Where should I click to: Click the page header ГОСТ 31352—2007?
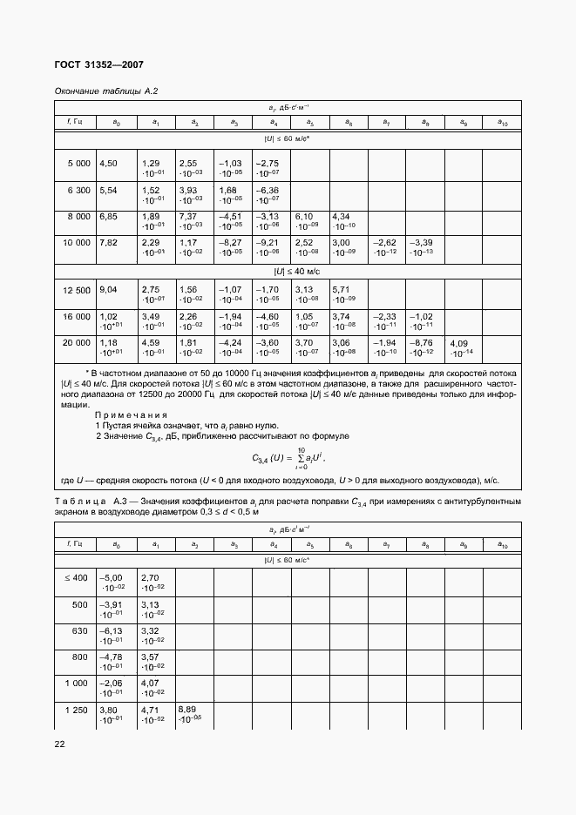coord(98,65)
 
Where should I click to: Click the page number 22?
coord(60,744)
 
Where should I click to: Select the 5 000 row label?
coord(78,164)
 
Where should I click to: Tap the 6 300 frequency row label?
coord(78,190)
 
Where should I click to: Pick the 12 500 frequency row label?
coord(76,289)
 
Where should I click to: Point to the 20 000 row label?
coord(76,343)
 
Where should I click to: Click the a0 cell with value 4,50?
coord(109,164)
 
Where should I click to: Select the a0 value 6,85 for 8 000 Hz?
coord(109,216)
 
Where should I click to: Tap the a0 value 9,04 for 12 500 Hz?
coord(109,289)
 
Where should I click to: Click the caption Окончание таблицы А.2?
coord(105,91)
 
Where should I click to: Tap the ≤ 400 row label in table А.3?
coord(76,577)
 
